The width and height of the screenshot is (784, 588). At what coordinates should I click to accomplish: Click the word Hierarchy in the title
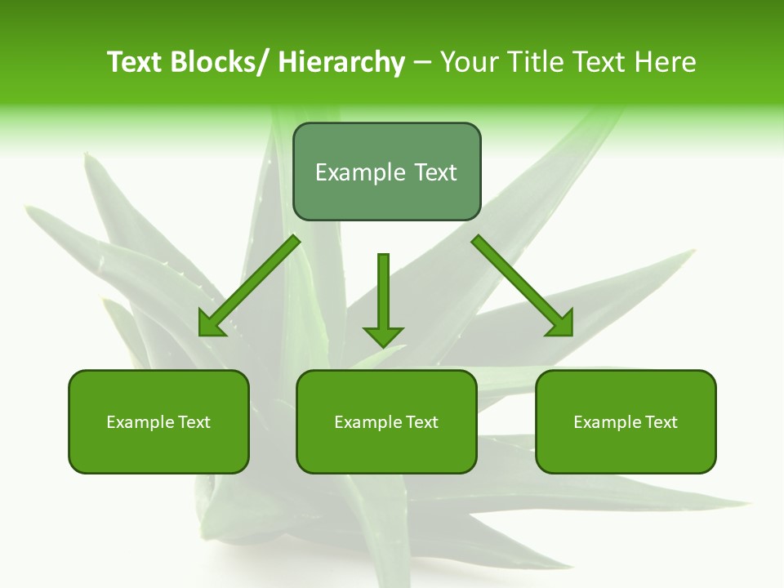tap(341, 62)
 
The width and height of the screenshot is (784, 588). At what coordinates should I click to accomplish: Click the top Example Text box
tap(386, 172)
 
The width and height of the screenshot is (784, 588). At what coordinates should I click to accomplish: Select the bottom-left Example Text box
tap(158, 422)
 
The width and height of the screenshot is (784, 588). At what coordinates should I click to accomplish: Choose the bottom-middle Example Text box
tap(386, 422)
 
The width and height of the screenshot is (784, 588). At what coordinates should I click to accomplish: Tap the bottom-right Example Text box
tap(626, 422)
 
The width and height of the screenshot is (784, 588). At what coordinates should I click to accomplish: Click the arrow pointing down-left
tap(249, 286)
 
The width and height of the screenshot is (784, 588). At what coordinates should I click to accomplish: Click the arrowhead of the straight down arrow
tap(383, 336)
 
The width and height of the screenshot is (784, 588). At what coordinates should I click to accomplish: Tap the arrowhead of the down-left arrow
tap(211, 325)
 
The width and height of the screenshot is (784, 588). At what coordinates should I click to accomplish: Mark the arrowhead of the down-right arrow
tap(561, 324)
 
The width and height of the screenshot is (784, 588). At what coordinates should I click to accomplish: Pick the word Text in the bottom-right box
tap(661, 422)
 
